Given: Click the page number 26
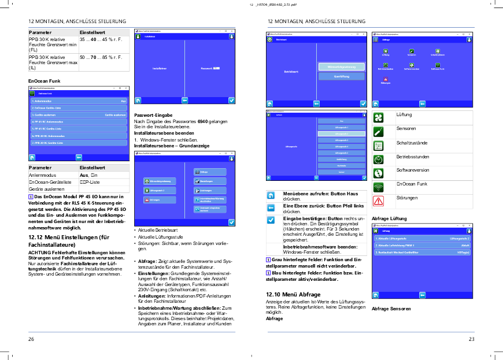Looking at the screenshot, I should click(31, 339).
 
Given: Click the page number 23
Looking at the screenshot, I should click(471, 339).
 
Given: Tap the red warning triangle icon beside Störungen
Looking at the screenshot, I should click(378, 201).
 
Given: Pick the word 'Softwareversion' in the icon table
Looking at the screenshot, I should click(412, 170).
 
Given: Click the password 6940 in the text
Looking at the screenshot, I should click(202, 121).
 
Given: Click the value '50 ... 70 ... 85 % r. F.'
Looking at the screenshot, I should click(102, 58).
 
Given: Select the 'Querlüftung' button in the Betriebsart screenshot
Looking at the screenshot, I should click(341, 76).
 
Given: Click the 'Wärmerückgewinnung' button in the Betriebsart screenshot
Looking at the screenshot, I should click(341, 66).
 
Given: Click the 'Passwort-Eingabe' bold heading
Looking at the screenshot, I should click(153, 116).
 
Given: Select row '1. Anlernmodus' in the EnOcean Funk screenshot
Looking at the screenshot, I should click(79, 101).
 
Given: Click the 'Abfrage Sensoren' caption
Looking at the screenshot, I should click(391, 309).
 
